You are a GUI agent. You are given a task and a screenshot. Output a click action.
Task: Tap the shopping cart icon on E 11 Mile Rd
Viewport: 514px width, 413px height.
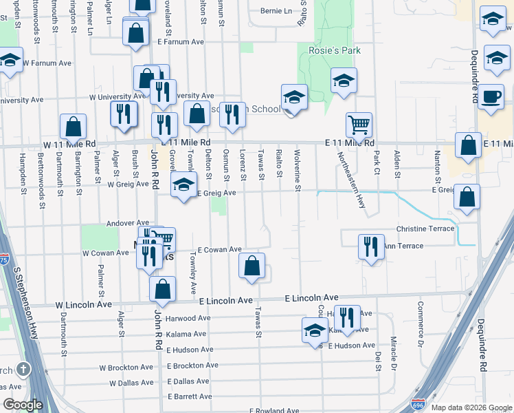359,125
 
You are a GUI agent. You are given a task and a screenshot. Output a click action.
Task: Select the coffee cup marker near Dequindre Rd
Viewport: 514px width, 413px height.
492,96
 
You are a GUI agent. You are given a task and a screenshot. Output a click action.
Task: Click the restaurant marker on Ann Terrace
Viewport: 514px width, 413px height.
372,246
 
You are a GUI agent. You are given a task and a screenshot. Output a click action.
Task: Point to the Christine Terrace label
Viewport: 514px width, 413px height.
425,229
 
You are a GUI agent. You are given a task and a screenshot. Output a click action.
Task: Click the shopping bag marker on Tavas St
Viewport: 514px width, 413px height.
252,266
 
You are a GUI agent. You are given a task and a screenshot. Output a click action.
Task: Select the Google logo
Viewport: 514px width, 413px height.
22,405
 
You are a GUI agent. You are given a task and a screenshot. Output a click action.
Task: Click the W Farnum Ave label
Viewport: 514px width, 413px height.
47,63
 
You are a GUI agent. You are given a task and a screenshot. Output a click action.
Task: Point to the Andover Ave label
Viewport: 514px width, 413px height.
127,223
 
